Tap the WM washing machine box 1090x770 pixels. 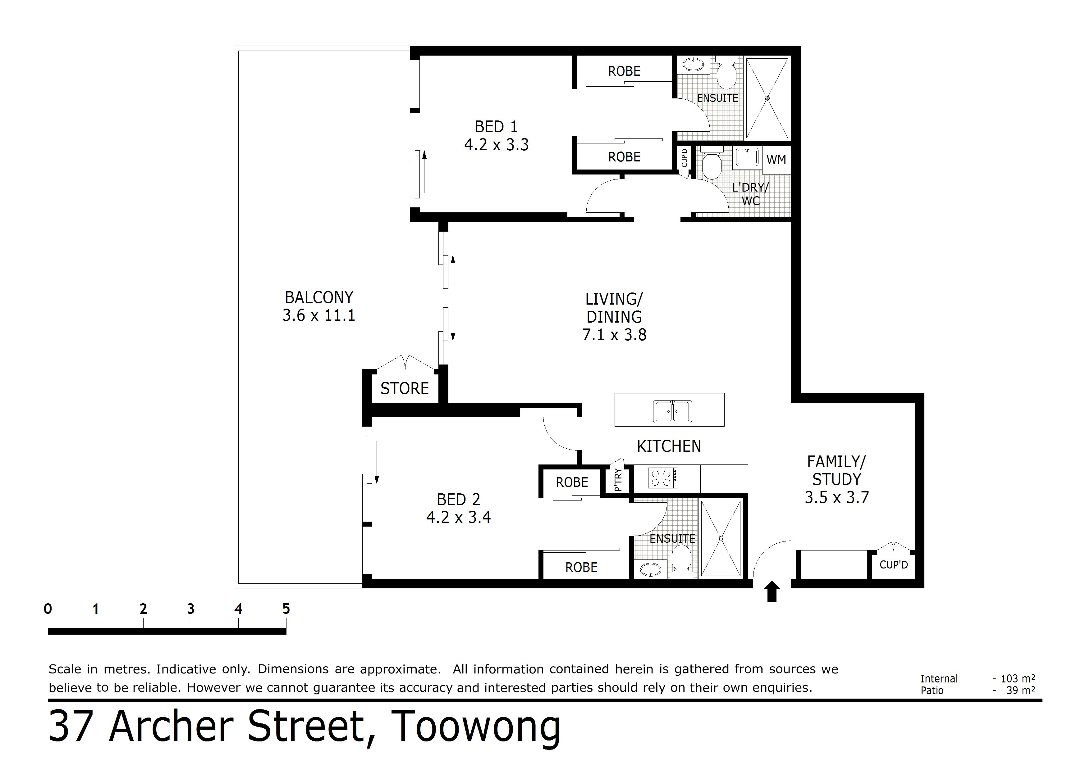(776, 160)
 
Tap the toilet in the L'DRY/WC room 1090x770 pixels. (711, 164)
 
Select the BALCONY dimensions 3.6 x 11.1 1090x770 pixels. (319, 315)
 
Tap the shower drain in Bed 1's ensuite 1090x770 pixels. (767, 98)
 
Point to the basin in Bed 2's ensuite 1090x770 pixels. (650, 569)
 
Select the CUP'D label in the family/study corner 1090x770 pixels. (893, 565)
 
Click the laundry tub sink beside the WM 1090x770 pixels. (747, 157)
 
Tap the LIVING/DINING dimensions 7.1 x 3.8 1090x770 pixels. (614, 335)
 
